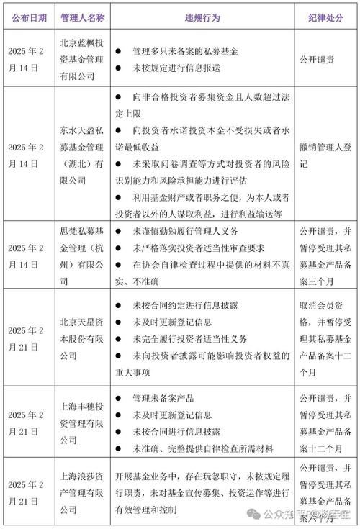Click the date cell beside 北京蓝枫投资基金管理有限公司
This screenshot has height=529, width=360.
pos(30,60)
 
